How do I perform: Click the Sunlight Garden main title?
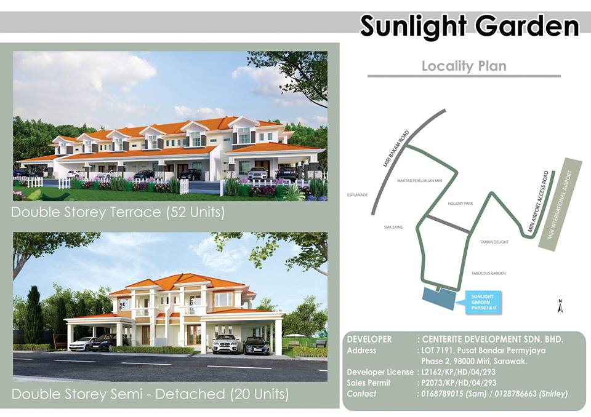469,26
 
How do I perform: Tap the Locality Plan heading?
464,66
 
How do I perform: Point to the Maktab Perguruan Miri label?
419,181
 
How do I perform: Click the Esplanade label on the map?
357,195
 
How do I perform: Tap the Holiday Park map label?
460,204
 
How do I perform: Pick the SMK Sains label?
393,227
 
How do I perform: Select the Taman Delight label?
494,242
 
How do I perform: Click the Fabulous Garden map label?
488,273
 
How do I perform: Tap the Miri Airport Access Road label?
538,202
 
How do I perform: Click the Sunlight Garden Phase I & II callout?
483,302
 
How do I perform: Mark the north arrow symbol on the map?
560,306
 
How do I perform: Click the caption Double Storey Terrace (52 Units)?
118,212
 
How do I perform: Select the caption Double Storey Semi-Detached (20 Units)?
150,394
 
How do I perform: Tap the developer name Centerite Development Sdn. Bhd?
492,339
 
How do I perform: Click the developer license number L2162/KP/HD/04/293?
458,372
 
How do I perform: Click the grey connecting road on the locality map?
449,224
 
